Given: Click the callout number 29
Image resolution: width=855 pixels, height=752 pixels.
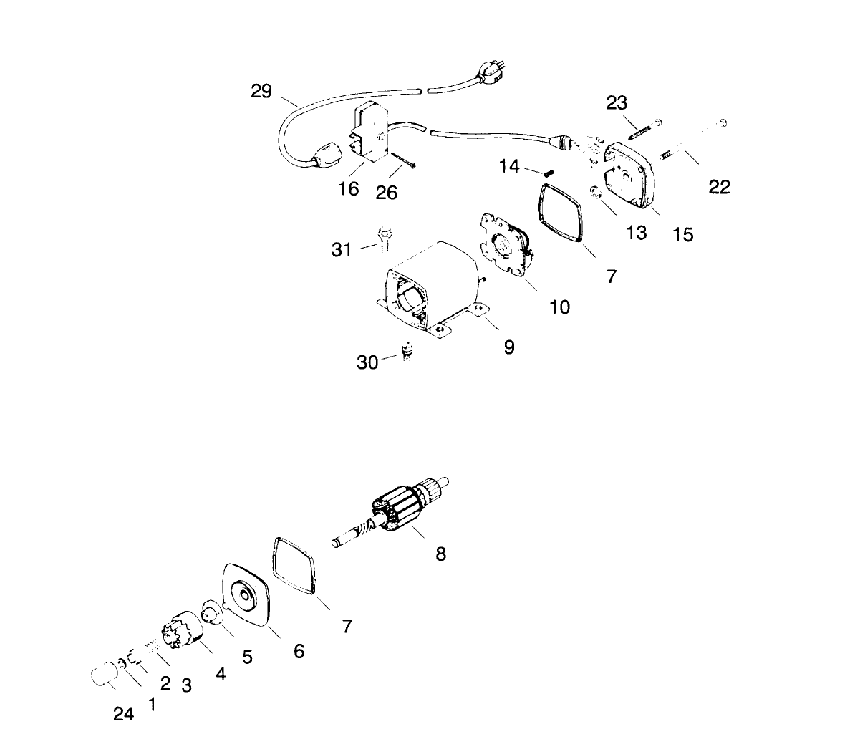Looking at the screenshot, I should coord(261,91).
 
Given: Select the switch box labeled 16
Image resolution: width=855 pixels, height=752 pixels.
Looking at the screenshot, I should coord(372,132).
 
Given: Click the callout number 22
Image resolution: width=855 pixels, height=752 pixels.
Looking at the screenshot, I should coord(719,187).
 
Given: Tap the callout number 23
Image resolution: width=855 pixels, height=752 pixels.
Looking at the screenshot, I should coord(617,103).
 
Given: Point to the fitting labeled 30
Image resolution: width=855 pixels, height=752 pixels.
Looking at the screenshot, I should coord(407,350).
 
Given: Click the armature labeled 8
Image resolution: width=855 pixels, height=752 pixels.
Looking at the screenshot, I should coord(405,512).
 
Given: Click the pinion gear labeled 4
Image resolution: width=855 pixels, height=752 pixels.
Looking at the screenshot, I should coord(187,630).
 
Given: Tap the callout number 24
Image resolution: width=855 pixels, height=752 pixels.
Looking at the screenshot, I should coord(123,714).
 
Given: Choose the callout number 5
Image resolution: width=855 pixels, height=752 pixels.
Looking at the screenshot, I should coord(247,657).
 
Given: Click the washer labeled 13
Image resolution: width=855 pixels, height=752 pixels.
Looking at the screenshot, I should coord(594,192).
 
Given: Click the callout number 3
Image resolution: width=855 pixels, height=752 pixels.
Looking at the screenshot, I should coord(186,685).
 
